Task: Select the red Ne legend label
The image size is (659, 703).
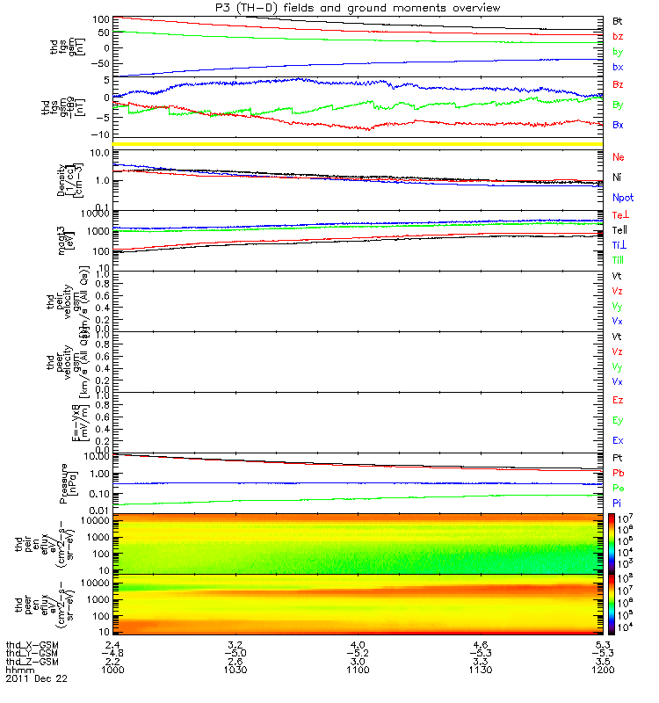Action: point(618,157)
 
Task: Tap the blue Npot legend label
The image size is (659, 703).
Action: point(622,198)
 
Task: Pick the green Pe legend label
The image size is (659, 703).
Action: point(618,488)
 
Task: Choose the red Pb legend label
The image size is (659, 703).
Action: point(618,473)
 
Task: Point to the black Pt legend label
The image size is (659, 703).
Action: point(617,459)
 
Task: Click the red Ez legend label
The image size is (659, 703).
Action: point(618,401)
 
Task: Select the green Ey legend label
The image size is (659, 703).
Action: point(618,420)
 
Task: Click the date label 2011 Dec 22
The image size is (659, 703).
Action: point(36,679)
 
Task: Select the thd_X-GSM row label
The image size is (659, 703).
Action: point(32,645)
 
